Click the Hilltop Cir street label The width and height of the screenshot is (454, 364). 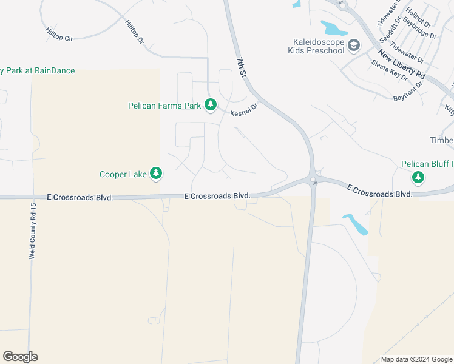[x=59, y=34]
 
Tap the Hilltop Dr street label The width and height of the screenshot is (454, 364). [x=134, y=32]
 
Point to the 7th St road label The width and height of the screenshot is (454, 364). [x=241, y=67]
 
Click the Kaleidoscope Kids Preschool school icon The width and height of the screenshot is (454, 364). [x=353, y=45]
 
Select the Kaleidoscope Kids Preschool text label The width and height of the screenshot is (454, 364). [x=315, y=46]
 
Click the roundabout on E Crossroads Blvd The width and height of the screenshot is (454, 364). [x=313, y=180]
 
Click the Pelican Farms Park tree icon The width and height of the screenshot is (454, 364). [x=211, y=106]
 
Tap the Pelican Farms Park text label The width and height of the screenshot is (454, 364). [x=164, y=106]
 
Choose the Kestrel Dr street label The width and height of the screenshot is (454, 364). [x=244, y=109]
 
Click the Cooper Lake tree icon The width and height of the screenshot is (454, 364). [x=156, y=174]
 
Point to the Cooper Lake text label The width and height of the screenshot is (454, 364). [x=123, y=175]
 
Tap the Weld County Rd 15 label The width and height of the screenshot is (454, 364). [x=33, y=232]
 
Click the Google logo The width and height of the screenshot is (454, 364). [x=20, y=357]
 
